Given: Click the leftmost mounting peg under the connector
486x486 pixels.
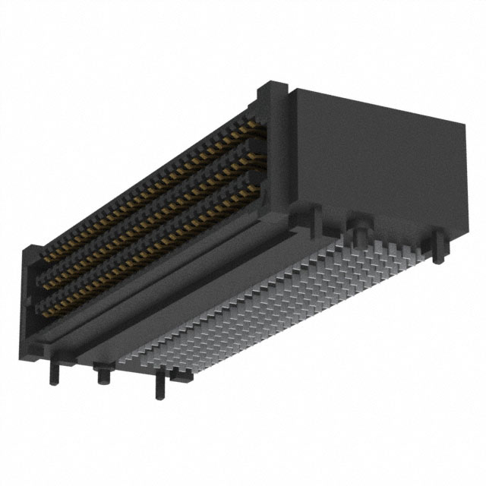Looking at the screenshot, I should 54,371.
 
